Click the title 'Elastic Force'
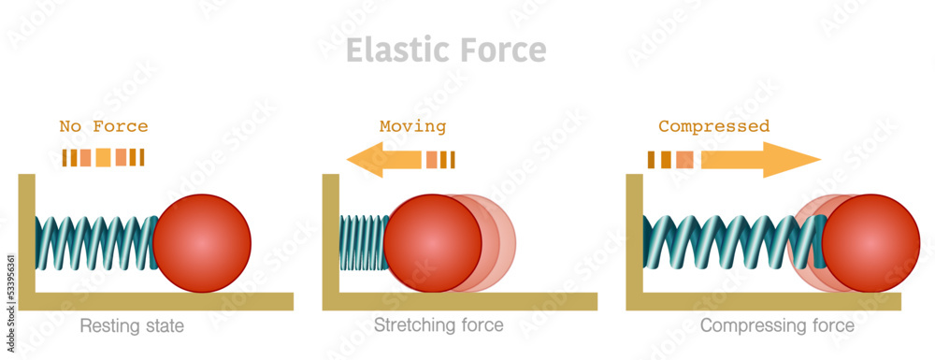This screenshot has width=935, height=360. pyautogui.click(x=446, y=50)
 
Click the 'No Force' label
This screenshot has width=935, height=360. pyautogui.click(x=103, y=126)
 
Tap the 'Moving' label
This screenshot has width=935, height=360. pyautogui.click(x=412, y=126)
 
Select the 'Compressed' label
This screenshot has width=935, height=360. pyautogui.click(x=713, y=126)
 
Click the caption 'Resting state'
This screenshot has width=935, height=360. pyautogui.click(x=132, y=326)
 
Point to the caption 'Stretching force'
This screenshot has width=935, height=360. pyautogui.click(x=439, y=326)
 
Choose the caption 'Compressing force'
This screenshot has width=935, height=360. pyautogui.click(x=777, y=326)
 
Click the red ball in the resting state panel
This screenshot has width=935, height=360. pyautogui.click(x=202, y=243)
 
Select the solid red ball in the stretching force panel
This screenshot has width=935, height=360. pyautogui.click(x=432, y=243)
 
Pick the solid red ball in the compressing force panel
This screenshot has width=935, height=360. pyautogui.click(x=870, y=243)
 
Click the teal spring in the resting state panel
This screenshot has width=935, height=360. pyautogui.click(x=94, y=243)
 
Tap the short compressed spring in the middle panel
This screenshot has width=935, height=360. pyautogui.click(x=362, y=243)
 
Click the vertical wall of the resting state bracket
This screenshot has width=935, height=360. pyautogui.click(x=26, y=234)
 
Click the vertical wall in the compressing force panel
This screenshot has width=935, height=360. pyautogui.click(x=634, y=234)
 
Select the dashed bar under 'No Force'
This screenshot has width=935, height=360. pyautogui.click(x=103, y=158)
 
